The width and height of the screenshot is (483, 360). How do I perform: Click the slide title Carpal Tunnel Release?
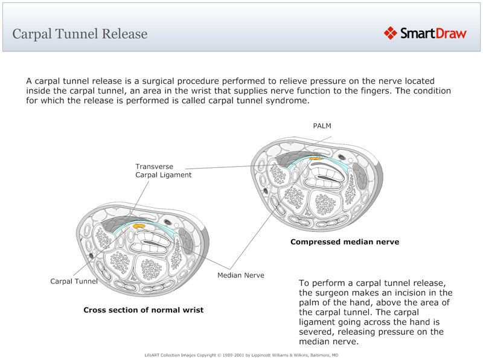click(80, 34)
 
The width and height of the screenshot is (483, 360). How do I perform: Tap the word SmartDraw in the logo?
click(433, 33)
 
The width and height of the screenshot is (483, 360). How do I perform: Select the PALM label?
click(322, 126)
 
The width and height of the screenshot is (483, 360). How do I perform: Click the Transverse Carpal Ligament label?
click(163, 170)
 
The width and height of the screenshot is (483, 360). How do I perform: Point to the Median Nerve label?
click(240, 275)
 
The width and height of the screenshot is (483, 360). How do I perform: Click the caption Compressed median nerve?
click(345, 242)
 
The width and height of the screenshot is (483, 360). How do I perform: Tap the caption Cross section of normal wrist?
click(143, 310)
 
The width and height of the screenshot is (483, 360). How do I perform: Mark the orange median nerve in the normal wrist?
click(139, 225)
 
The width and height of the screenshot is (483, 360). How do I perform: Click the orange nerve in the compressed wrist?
click(315, 159)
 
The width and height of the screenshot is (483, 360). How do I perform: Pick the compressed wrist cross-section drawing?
click(318, 183)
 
